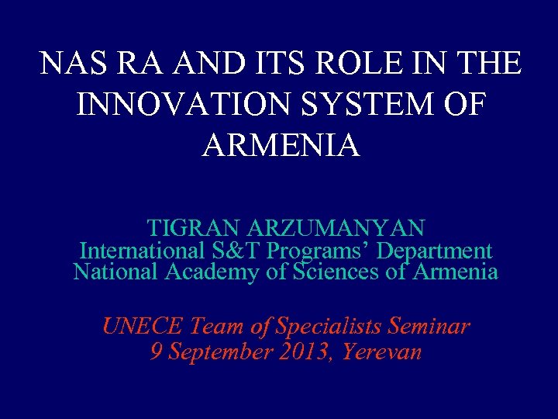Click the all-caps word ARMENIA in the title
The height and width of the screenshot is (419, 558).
click(281, 145)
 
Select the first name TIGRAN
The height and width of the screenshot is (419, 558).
click(194, 229)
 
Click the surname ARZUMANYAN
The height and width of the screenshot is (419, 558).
click(336, 229)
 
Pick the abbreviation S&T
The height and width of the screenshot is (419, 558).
click(229, 251)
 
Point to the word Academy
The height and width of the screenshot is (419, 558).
click(225, 273)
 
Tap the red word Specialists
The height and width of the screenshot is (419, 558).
click(321, 327)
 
